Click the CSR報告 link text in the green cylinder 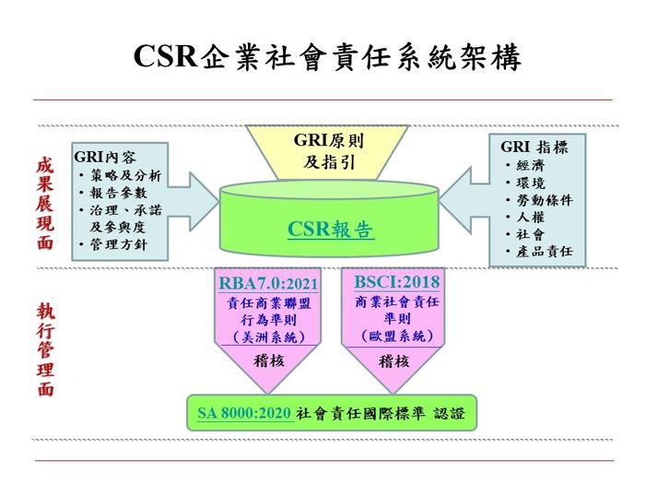[x=331, y=230]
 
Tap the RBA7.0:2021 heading [x=268, y=284]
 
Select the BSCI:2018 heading [x=397, y=282]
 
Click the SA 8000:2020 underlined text [x=244, y=413]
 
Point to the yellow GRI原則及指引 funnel [x=327, y=152]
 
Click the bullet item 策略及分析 [x=125, y=176]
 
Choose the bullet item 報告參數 [x=119, y=193]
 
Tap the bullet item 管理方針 [x=119, y=244]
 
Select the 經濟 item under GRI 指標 [x=530, y=165]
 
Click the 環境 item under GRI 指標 [x=530, y=183]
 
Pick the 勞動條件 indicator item [x=545, y=200]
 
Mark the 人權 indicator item [x=530, y=217]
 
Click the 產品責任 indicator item [x=545, y=251]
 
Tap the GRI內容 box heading [x=105, y=157]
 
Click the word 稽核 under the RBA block [x=269, y=361]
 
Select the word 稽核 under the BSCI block [x=393, y=361]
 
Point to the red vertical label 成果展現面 [x=45, y=203]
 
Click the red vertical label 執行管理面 [x=45, y=349]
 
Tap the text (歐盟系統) [x=397, y=336]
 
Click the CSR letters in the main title [x=165, y=55]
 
